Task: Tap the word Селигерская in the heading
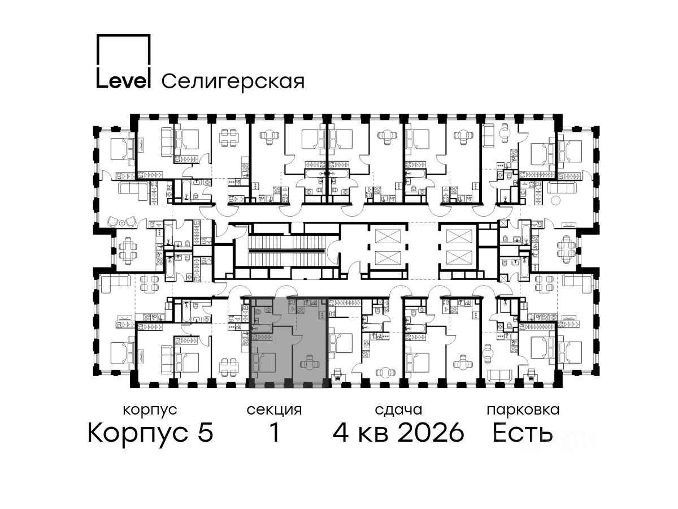[233, 81]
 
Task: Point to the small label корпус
[150, 411]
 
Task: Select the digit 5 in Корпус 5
[206, 432]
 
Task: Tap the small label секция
[274, 411]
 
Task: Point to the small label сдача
[398, 410]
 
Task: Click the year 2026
[431, 432]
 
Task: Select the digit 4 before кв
[341, 432]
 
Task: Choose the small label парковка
[523, 411]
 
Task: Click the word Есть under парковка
[522, 432]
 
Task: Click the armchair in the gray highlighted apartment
[310, 362]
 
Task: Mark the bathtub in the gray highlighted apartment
[262, 329]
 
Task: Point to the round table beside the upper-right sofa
[555, 200]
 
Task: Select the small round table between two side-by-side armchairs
[123, 223]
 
